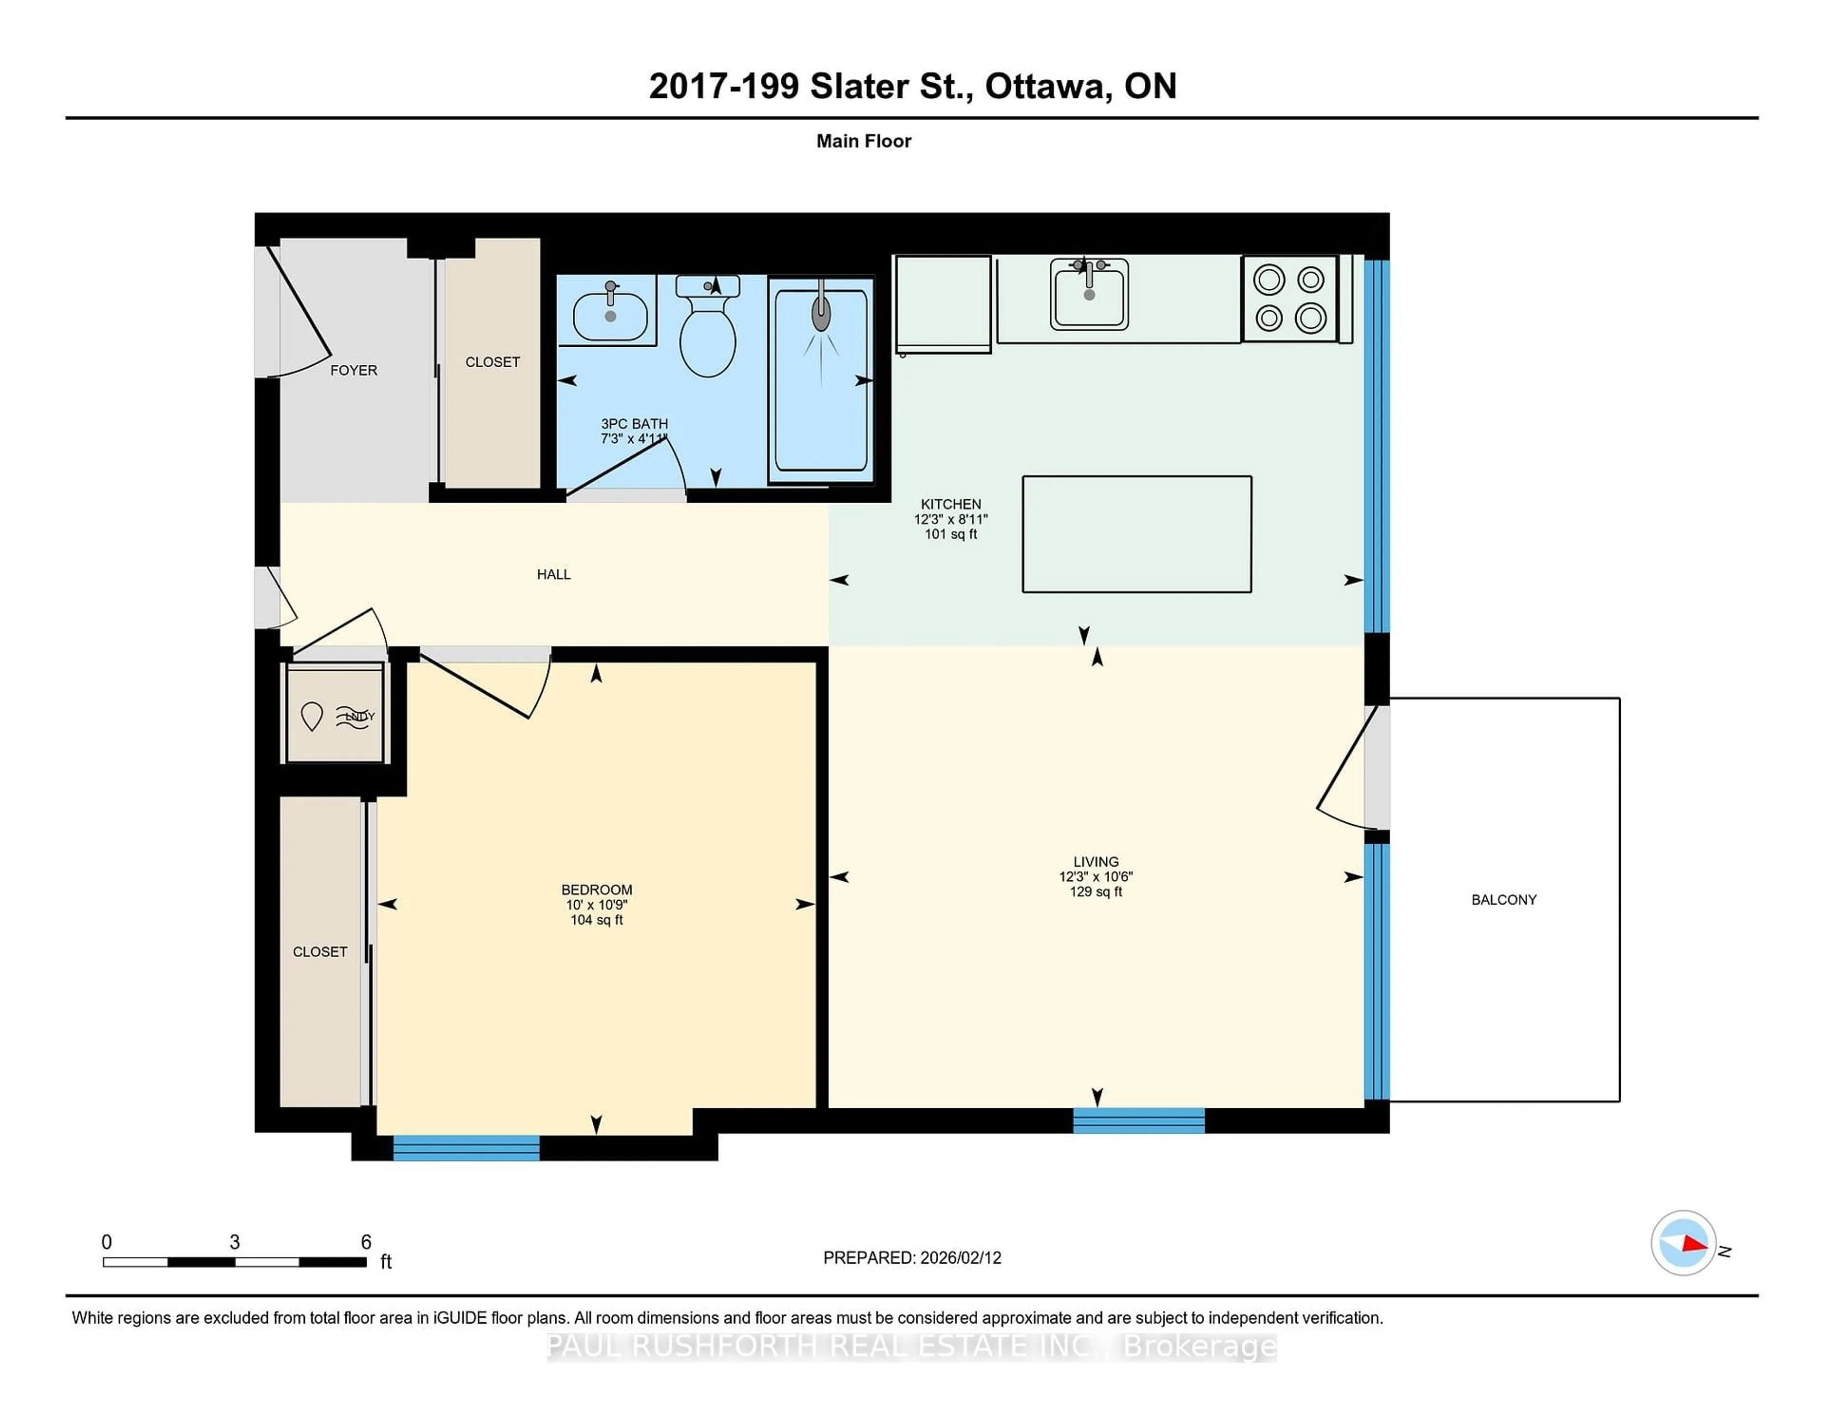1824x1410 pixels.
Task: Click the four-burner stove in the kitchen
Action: pos(1290,299)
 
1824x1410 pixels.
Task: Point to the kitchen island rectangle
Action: pos(1137,534)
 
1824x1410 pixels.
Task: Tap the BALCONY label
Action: pos(1503,900)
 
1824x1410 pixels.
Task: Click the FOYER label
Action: pos(353,370)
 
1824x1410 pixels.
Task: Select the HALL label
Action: pos(554,574)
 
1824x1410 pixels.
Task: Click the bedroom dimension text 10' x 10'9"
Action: pos(596,905)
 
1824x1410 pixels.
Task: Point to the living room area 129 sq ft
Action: pos(1096,891)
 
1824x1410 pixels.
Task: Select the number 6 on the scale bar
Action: pos(366,1242)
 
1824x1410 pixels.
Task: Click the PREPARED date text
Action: pos(912,1257)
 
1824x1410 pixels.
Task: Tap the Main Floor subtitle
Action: pos(864,141)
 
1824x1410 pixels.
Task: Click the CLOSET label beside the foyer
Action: pos(492,362)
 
